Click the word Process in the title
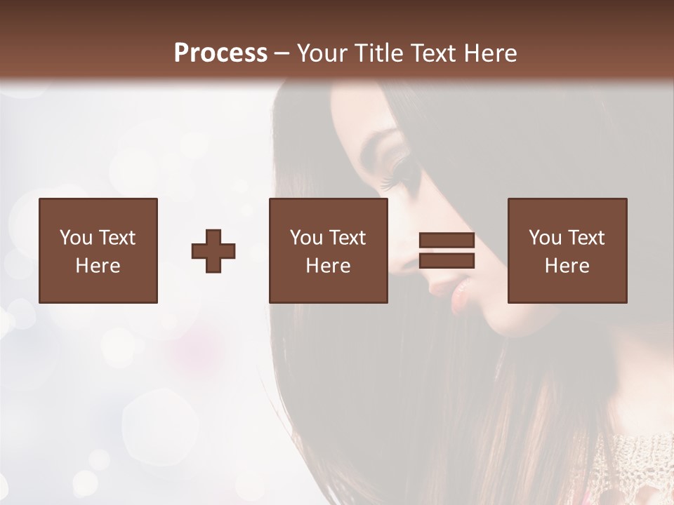coord(220,53)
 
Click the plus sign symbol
coord(213,251)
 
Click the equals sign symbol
coord(447,251)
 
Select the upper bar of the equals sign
coord(447,241)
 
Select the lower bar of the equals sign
coord(447,261)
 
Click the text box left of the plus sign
coord(98,251)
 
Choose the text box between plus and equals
coord(329,251)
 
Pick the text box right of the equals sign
coord(567,251)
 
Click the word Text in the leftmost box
coord(116,238)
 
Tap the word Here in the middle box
coord(329,266)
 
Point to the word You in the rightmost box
coord(545,238)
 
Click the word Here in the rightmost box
coord(567,266)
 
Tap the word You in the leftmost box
coord(76,238)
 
